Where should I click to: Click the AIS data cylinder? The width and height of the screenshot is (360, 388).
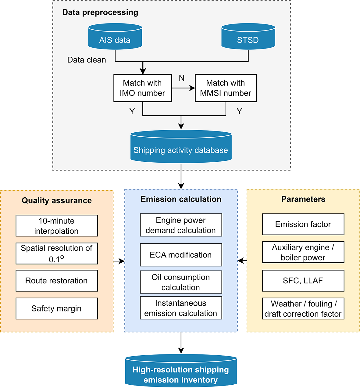coord(115,37)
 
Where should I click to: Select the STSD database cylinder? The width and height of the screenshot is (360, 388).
coord(248,37)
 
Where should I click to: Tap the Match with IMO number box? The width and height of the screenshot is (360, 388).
coord(142,88)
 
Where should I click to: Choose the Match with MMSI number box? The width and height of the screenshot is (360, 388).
coord(226,88)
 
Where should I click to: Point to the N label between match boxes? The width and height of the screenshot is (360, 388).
coord(182,78)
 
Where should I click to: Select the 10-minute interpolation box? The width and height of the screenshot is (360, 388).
coord(57,226)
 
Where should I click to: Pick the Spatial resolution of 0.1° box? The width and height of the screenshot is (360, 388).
coord(57,253)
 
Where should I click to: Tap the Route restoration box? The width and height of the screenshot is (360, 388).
coord(57,281)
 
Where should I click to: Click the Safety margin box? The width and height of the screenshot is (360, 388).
coord(57,309)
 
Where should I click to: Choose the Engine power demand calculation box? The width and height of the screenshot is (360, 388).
coord(181,225)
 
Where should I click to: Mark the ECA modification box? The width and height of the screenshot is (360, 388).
coord(181,255)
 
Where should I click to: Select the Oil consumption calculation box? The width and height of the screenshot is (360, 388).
coord(181,282)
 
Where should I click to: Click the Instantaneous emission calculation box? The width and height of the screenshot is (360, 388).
coord(181,308)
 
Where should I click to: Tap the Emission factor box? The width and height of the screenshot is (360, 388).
coord(303,224)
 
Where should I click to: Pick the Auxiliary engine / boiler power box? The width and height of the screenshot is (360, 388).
coord(303,252)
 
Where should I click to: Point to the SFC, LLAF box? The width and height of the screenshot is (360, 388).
coord(303,281)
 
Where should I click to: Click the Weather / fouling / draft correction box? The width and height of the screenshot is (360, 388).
coord(303,309)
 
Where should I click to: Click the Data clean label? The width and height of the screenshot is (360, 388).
coord(87,60)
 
